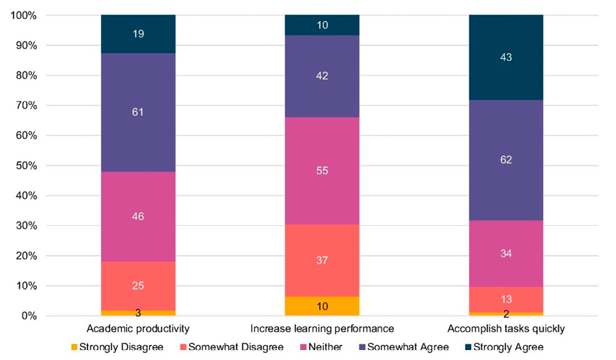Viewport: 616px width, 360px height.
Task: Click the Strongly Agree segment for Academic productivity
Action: tap(138, 34)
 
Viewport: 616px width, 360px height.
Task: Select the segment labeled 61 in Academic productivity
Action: tap(138, 112)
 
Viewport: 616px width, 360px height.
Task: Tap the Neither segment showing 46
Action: tap(138, 216)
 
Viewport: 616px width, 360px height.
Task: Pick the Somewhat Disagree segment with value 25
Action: tap(138, 286)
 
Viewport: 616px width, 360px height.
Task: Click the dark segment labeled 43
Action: tap(506, 57)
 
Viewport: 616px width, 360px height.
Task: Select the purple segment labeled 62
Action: tap(506, 160)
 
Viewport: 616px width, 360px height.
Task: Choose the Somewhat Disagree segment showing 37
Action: tap(322, 260)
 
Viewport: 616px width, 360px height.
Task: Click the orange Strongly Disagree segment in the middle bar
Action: tap(322, 306)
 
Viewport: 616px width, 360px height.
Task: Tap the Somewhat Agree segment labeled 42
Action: tap(322, 76)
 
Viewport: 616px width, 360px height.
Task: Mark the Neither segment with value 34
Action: tap(506, 253)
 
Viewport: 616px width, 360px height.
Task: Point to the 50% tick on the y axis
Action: tap(25, 166)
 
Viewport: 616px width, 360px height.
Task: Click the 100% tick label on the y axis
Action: tap(22, 16)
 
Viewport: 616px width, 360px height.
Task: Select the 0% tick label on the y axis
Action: tap(27, 316)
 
